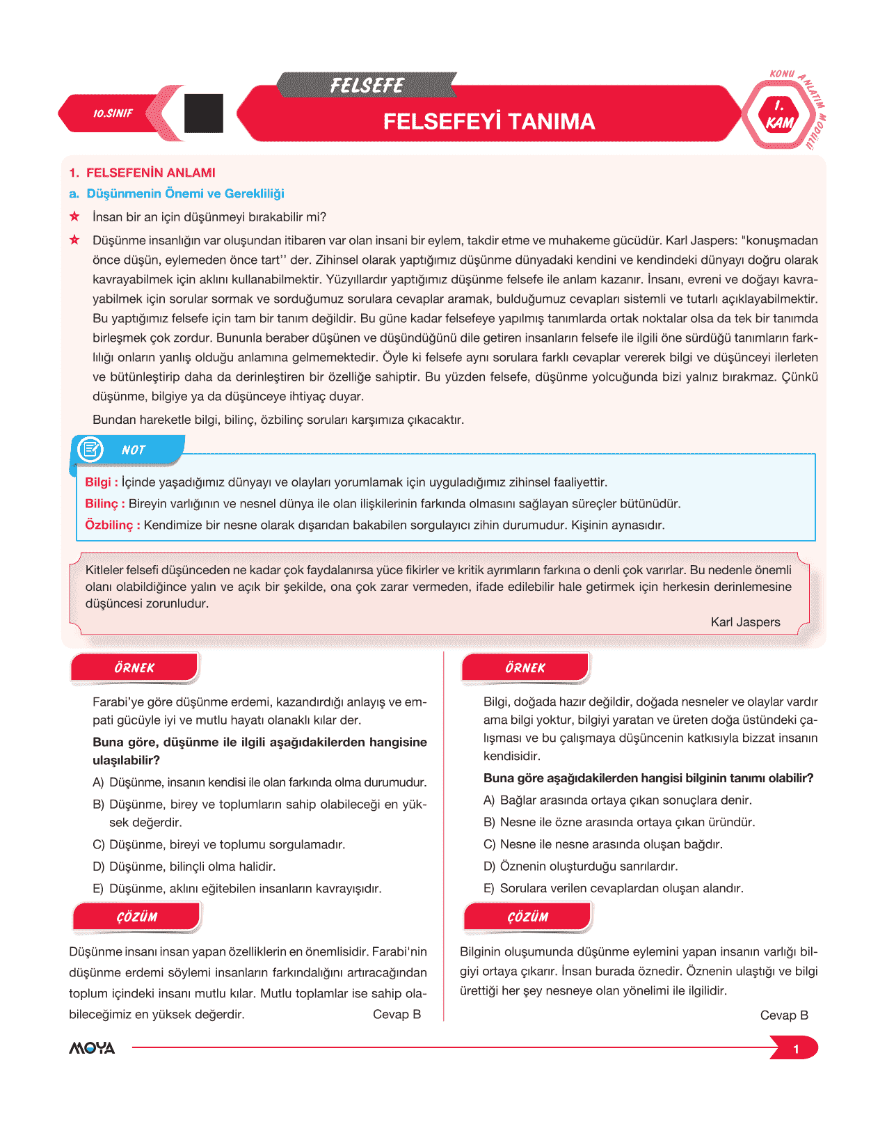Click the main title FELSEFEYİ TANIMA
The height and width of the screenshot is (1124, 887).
pos(489,122)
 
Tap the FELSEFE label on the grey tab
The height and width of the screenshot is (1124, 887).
pos(367,86)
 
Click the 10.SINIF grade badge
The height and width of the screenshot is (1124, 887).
pos(113,113)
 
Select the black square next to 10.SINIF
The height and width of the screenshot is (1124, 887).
pos(204,113)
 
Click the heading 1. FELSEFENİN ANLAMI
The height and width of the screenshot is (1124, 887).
pos(143,173)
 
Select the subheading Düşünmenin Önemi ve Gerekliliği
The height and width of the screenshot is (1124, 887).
pos(185,193)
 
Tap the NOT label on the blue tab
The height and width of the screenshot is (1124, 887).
pos(133,450)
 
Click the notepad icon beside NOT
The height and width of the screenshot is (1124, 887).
pos(90,450)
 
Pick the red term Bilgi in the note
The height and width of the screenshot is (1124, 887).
pos(97,482)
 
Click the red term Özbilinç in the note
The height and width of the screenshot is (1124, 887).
pos(109,525)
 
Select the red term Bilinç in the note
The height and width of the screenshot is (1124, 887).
pos(102,504)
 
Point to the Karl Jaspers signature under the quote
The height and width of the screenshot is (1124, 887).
pos(745,622)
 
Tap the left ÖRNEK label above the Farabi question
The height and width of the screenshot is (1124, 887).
pos(134,668)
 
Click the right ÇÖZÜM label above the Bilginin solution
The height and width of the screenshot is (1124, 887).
pos(527,917)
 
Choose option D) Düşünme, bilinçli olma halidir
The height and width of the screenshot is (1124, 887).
pos(184,866)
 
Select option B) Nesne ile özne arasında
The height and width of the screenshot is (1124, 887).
pos(619,822)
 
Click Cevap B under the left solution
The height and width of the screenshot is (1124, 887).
pos(397,1014)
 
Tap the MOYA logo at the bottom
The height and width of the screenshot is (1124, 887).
pos(92,1048)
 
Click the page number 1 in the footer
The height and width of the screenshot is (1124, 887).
pos(796,1049)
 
